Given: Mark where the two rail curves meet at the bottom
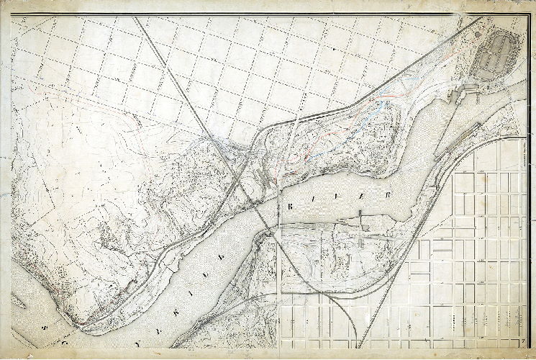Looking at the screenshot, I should coord(353,292).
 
